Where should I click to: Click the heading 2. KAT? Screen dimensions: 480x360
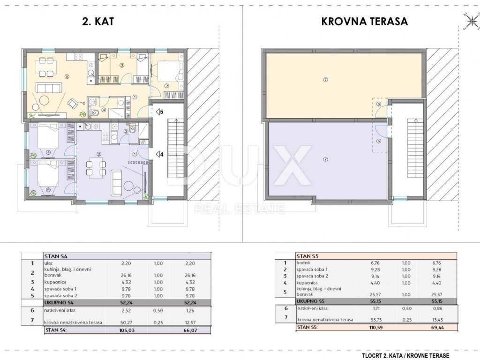click(x=98, y=21)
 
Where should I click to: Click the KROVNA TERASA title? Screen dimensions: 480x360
click(x=364, y=21)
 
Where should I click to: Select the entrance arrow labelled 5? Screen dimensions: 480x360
click(x=159, y=112)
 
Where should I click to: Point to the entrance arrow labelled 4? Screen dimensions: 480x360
click(x=159, y=154)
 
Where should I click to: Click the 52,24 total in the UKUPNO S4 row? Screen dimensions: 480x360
click(x=127, y=302)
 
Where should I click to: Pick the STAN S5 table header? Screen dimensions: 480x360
click(x=307, y=256)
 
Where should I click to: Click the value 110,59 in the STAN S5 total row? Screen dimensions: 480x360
click(x=376, y=327)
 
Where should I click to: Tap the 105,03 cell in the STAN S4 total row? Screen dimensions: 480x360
click(x=127, y=330)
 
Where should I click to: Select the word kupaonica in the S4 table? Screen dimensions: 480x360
click(x=55, y=282)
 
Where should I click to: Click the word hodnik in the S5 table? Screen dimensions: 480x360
click(x=303, y=262)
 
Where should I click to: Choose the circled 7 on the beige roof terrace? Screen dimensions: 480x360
click(x=325, y=80)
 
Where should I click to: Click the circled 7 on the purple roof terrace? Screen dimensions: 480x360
click(x=325, y=159)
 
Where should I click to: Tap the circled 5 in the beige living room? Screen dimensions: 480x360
click(x=67, y=77)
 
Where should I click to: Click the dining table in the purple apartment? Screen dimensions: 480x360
click(x=96, y=168)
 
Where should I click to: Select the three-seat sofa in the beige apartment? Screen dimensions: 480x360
click(x=49, y=88)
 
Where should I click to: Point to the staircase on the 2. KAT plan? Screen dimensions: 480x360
click(x=176, y=147)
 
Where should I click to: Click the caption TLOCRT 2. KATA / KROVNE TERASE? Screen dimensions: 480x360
click(x=405, y=355)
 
